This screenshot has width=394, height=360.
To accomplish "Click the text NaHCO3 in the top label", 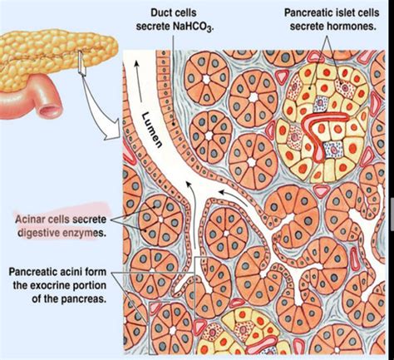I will [x=191, y=27].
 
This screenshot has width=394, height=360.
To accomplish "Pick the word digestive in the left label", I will [x=37, y=234].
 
